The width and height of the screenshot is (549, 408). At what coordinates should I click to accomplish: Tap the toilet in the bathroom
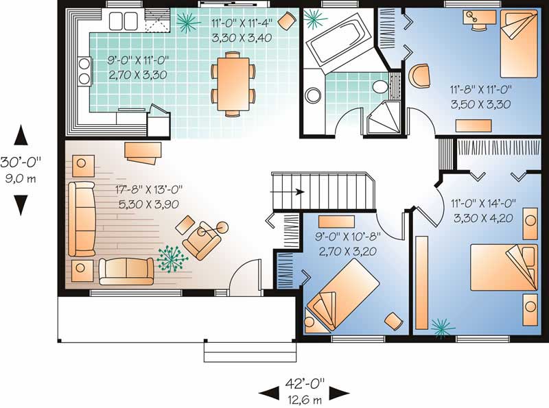pyautogui.click(x=380, y=86)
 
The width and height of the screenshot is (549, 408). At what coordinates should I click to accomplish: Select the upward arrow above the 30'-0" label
pyautogui.click(x=21, y=135)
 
